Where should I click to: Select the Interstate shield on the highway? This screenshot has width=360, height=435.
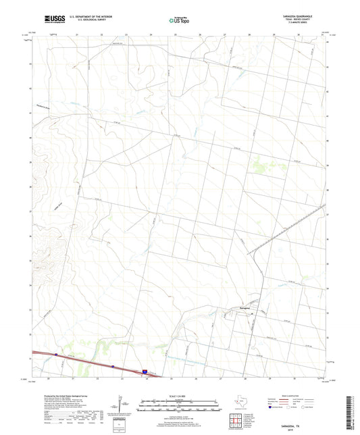point(145,371)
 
